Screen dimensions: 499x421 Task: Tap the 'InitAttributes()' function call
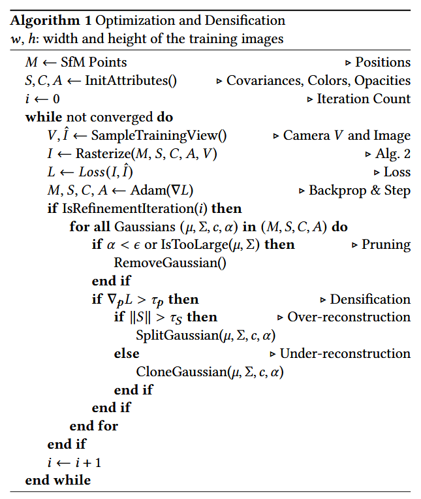tap(131, 81)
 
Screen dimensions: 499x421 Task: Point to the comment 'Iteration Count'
tap(364, 99)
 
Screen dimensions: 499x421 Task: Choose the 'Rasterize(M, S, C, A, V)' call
tap(147, 154)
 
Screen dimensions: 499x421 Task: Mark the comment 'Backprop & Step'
tap(360, 191)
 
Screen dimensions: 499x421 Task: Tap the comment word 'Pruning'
tap(386, 245)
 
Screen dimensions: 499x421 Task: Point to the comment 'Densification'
tap(370, 300)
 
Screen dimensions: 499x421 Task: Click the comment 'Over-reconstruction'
tap(349, 317)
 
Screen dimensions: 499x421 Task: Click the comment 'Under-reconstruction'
tap(345, 353)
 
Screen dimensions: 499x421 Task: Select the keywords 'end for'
tap(94, 426)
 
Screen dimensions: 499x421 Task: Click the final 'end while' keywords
tap(58, 481)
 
